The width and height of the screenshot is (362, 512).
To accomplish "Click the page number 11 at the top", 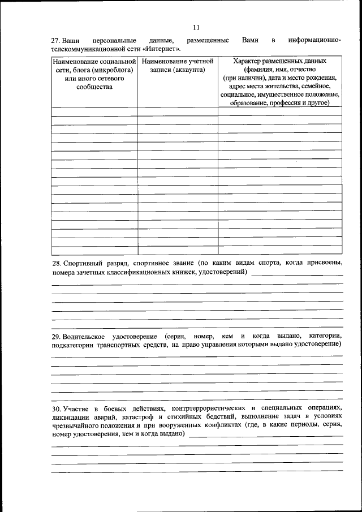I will (x=196, y=27).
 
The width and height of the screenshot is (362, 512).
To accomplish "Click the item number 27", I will (x=55, y=41).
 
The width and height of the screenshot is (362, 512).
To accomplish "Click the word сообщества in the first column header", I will (x=94, y=86).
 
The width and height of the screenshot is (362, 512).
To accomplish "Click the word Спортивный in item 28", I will (x=84, y=263).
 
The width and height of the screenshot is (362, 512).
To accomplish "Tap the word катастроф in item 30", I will (x=145, y=417).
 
